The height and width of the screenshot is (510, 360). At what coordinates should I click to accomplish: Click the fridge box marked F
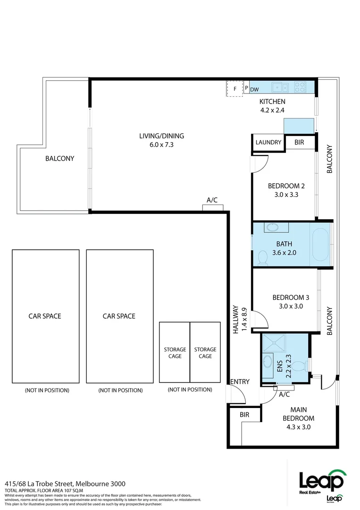[234, 89]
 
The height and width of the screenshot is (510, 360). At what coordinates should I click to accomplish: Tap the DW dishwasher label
[254, 90]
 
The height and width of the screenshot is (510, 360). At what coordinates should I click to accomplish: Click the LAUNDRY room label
[268, 143]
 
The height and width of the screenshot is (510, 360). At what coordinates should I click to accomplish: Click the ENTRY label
[240, 382]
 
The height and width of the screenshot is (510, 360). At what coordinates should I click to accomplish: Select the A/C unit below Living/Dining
[212, 207]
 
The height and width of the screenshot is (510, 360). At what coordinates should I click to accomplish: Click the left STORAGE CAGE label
[175, 353]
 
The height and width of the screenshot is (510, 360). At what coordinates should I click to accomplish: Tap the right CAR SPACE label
[119, 316]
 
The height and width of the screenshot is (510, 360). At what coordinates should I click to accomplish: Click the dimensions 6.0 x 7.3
[161, 145]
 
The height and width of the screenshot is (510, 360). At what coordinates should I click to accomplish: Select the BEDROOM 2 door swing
[260, 163]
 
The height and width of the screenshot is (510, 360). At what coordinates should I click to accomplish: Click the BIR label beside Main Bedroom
[244, 415]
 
